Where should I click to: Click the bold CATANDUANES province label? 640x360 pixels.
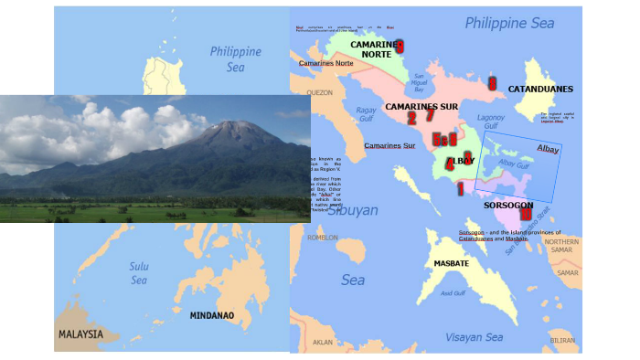pyautogui.click(x=539, y=89)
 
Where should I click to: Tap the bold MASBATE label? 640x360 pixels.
pyautogui.click(x=452, y=263)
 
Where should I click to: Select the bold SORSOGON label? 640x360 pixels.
pyautogui.click(x=508, y=206)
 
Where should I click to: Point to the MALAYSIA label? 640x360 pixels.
pyautogui.click(x=80, y=334)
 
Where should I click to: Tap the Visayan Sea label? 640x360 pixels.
pyautogui.click(x=474, y=337)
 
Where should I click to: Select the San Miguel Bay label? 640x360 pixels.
pyautogui.click(x=420, y=84)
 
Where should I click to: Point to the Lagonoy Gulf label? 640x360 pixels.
pyautogui.click(x=492, y=122)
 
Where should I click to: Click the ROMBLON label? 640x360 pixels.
pyautogui.click(x=323, y=237)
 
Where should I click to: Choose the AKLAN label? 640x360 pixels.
pyautogui.click(x=323, y=343)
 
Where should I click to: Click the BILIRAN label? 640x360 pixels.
pyautogui.click(x=562, y=340)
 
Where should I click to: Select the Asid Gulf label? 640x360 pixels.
pyautogui.click(x=453, y=293)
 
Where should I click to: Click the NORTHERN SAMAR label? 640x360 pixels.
pyautogui.click(x=561, y=247)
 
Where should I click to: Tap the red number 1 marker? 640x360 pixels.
pyautogui.click(x=460, y=188)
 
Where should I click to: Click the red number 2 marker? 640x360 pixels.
pyautogui.click(x=411, y=117)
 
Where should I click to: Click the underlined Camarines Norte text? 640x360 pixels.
pyautogui.click(x=325, y=63)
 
